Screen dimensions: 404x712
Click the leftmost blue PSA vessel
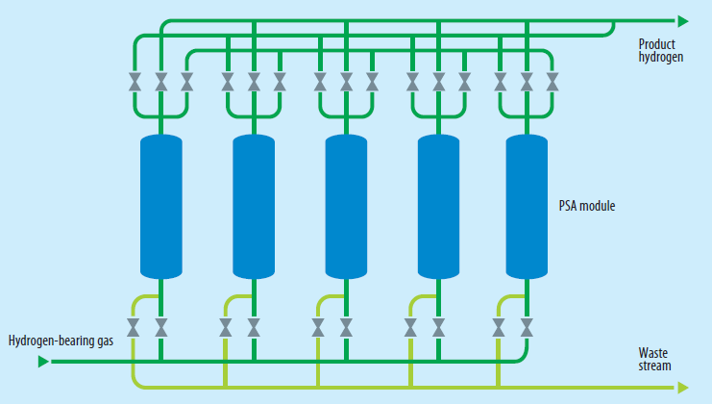[160, 206]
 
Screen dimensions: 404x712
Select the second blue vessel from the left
[254, 206]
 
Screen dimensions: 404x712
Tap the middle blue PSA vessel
[346, 206]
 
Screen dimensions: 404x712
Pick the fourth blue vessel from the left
[438, 206]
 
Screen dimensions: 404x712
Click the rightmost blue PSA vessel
[526, 206]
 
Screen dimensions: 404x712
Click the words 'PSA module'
[587, 206]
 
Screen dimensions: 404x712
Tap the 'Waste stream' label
[655, 359]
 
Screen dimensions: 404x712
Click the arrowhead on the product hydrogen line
[683, 20]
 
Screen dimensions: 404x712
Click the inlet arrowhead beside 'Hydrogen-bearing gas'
[43, 362]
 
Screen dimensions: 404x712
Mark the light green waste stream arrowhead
[683, 387]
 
